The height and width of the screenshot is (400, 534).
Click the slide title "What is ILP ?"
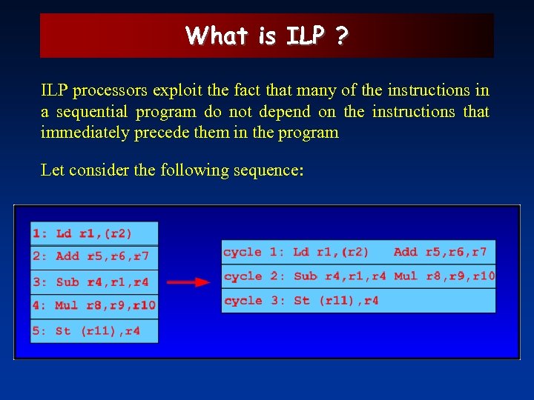[266, 36]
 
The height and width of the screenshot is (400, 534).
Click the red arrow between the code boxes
[188, 282]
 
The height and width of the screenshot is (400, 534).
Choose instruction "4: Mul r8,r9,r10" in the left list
[93, 305]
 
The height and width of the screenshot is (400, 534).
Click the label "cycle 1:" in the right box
[254, 252]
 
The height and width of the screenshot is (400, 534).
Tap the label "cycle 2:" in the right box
[254, 276]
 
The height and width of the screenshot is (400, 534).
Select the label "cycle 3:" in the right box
[254, 301]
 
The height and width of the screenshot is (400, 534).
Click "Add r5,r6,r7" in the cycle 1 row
[440, 252]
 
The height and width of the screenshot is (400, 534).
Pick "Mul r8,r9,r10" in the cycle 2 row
[444, 276]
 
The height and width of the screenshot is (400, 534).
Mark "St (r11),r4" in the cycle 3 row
[336, 301]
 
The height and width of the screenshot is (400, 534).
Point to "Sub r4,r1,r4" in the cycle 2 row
[340, 276]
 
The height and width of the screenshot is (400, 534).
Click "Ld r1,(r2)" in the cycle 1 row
[331, 252]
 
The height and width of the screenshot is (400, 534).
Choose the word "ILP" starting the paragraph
[55, 91]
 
